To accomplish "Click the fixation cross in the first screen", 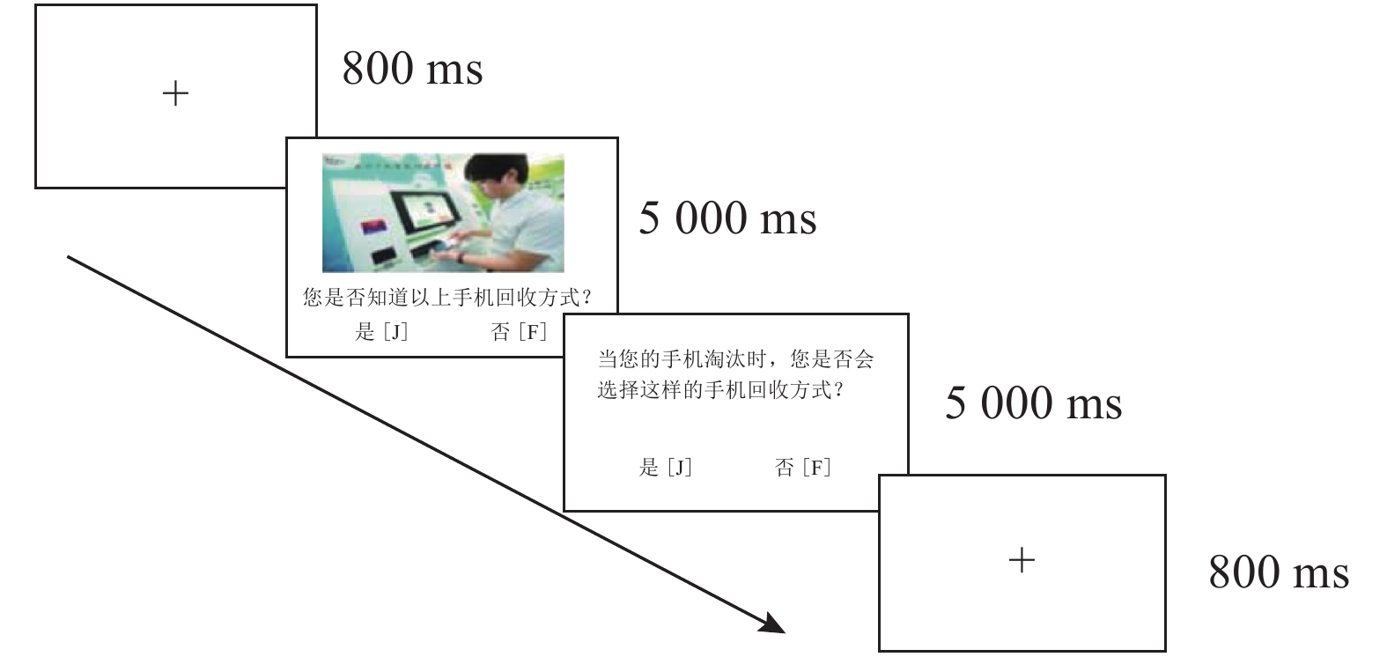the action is point(176,93).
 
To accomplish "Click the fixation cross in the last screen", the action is point(1022,560).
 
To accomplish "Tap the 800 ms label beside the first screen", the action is point(412,69).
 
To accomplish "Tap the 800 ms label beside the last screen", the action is point(1279,572).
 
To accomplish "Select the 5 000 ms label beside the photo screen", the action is point(727,218).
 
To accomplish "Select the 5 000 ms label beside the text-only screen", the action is point(1033,403).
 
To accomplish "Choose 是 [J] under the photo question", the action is point(381,332).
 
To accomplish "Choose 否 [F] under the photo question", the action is point(519,332).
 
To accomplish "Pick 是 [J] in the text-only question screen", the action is point(665,468).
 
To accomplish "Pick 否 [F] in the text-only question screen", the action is point(802,468).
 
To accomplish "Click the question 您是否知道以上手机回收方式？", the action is point(447,299).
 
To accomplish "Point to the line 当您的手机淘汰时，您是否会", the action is point(735,359).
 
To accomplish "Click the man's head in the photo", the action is point(491,181).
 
